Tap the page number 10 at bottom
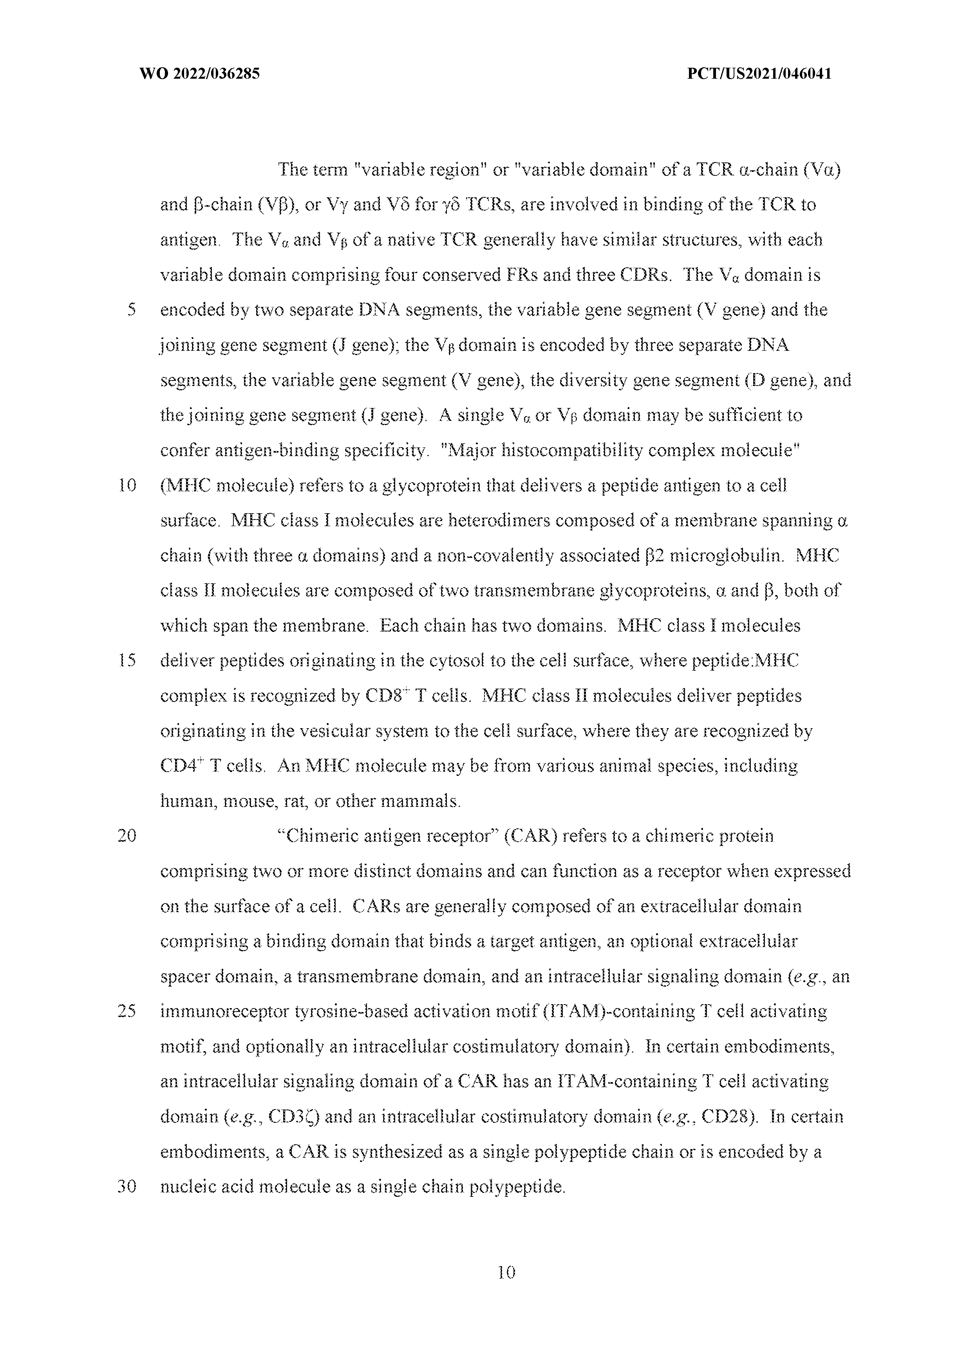(x=505, y=1272)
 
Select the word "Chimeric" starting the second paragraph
(x=316, y=836)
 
